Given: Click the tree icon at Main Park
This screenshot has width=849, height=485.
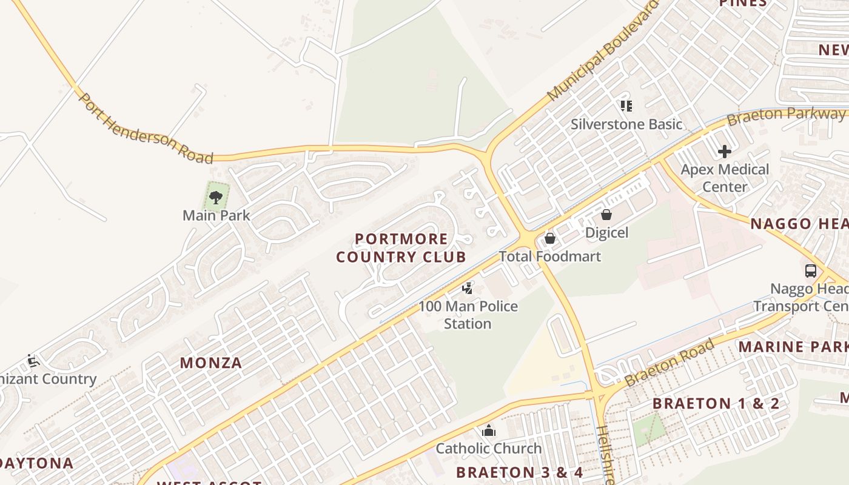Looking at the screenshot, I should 215,197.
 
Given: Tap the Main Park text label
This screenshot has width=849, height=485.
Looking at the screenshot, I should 216,215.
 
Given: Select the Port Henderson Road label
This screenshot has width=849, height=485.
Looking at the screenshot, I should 146,129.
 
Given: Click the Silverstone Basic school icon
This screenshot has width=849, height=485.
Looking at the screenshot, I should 626,107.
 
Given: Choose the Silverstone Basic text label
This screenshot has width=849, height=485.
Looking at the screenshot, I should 626,124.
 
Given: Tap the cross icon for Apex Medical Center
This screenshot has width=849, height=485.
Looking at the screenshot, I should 724,152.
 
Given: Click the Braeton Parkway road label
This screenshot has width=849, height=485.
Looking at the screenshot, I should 787,115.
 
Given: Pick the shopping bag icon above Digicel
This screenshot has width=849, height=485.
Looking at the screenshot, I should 606,215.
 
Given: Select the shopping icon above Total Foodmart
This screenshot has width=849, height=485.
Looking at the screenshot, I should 550,238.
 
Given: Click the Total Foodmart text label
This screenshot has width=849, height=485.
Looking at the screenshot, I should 550,256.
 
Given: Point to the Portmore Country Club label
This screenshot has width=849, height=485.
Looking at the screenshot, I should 401,248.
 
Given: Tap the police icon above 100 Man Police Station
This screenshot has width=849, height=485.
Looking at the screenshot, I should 468,289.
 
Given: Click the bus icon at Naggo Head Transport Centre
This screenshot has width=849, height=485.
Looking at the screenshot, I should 811,271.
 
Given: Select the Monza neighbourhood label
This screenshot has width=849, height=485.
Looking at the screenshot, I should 211,363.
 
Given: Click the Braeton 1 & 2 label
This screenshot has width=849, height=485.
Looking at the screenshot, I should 716,404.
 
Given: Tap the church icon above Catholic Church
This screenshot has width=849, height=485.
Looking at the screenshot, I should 489,431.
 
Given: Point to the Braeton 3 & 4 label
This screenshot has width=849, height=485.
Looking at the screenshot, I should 519,472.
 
